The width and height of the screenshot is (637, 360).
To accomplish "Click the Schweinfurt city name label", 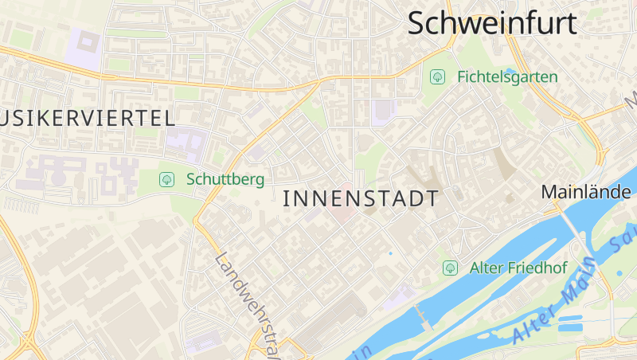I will tap(492, 23).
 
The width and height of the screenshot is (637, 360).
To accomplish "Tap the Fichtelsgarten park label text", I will tap(507, 77).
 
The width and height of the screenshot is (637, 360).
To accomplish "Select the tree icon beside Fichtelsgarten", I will tap(436, 76).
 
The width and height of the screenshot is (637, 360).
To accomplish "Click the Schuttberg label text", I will tap(225, 179).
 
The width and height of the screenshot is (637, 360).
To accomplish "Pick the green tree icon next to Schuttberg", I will tap(166, 179).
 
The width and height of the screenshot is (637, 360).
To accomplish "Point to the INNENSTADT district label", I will tap(361, 199).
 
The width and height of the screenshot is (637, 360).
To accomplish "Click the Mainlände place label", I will tap(586, 192).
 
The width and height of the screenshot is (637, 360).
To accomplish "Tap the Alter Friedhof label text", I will tap(518, 268).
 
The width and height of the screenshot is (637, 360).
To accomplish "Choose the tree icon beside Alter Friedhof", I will tap(450, 268).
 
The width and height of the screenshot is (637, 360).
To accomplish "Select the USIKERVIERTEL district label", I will tap(88, 119).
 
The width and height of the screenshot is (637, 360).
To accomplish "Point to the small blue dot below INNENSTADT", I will tap(390, 253).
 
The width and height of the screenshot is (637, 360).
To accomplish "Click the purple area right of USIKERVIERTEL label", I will tap(186, 143).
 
